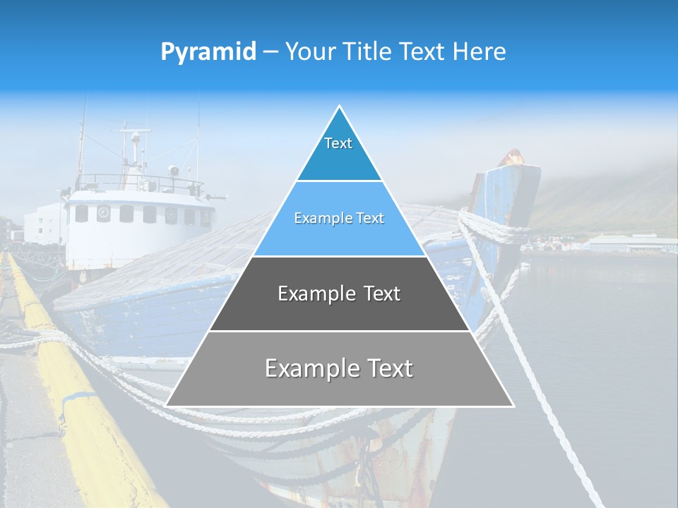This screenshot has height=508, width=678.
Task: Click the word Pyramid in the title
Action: [x=208, y=52]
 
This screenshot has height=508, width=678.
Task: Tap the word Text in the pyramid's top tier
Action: [x=338, y=143]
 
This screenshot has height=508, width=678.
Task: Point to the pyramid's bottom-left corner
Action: [x=166, y=406]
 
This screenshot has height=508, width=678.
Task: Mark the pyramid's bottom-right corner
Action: [x=513, y=406]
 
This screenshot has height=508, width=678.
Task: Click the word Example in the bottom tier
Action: [x=307, y=368]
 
